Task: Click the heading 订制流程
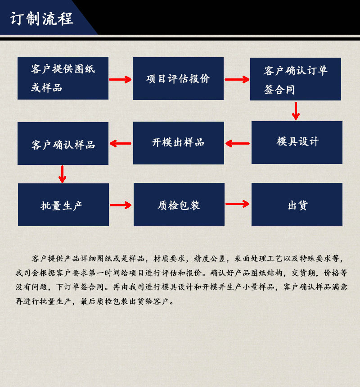(x=41, y=19)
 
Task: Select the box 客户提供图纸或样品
(x=63, y=78)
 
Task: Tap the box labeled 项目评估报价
(x=178, y=78)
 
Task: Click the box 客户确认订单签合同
(x=296, y=79)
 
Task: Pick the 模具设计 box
(x=297, y=142)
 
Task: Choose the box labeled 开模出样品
(x=179, y=143)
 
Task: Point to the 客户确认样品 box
(x=63, y=143)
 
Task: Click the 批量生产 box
(x=63, y=205)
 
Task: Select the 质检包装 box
(x=179, y=205)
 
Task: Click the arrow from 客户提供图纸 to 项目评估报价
(x=120, y=80)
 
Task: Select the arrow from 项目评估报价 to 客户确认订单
(x=237, y=80)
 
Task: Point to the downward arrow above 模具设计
(x=296, y=111)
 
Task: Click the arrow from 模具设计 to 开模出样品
(x=238, y=144)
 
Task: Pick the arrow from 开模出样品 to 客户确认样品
(x=121, y=144)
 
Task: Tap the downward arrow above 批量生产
(x=63, y=174)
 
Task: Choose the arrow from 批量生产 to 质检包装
(x=121, y=205)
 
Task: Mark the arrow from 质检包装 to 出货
(x=237, y=204)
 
